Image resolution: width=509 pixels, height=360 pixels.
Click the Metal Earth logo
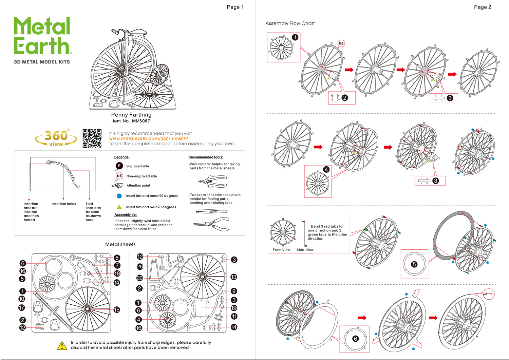coord(42,36)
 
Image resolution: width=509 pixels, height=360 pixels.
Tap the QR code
coord(92,138)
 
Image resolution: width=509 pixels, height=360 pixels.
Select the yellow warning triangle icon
coord(62,345)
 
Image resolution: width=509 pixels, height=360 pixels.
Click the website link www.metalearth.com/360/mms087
coord(148,138)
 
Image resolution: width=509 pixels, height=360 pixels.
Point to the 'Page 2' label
coord(482,7)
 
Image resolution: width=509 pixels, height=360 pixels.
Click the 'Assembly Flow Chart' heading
coord(290,23)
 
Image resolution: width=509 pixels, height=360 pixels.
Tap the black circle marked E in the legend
coord(119,166)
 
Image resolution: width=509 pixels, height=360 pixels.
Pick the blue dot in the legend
coord(119,196)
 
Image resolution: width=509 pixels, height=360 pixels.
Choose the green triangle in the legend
coord(119,207)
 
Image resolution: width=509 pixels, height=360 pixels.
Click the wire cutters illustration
coord(213,181)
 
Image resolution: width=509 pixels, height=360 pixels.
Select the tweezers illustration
coord(212,211)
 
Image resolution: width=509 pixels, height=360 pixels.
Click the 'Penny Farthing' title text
coord(131,115)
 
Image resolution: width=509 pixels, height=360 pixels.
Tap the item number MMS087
coord(140,121)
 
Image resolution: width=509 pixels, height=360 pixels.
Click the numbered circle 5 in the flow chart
coord(414,264)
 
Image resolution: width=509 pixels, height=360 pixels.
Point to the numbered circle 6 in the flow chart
coord(355,339)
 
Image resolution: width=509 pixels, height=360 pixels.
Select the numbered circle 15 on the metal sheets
coord(117,309)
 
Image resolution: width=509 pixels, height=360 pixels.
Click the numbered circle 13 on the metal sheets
coord(233,277)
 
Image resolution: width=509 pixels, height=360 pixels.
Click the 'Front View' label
coord(281,250)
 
